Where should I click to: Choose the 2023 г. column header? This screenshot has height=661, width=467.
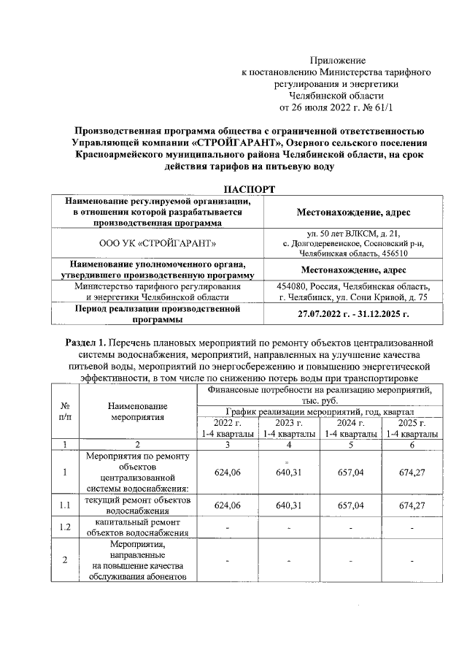(x=289, y=424)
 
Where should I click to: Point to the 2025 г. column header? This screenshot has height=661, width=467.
(x=412, y=424)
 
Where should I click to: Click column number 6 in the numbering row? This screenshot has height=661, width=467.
(x=412, y=444)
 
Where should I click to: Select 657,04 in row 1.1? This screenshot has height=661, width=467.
(x=351, y=505)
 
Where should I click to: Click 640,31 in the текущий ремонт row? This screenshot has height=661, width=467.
(x=289, y=505)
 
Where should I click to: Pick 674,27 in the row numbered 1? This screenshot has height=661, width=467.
(x=412, y=473)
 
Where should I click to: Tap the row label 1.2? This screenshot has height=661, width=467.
(x=65, y=527)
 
